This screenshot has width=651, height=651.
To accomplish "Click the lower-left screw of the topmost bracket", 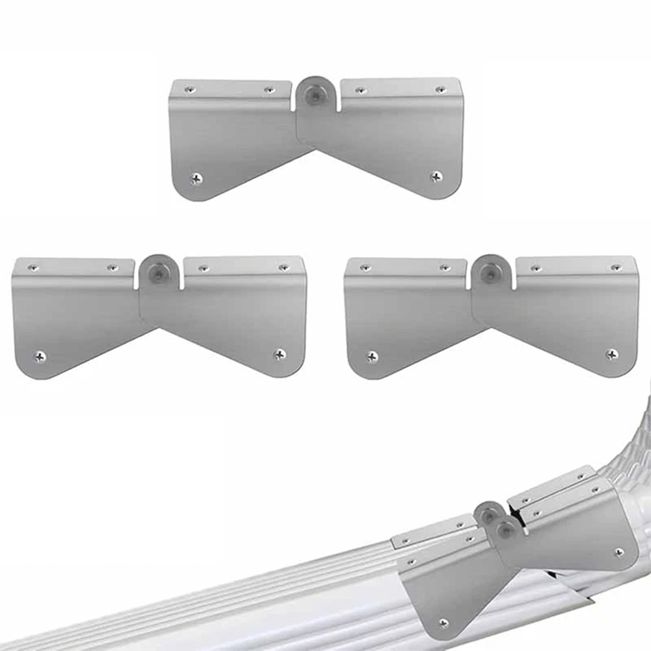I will pyautogui.click(x=196, y=177).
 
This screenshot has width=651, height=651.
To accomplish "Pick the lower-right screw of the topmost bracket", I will pyautogui.click(x=436, y=176).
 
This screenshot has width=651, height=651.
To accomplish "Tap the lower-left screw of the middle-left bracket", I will pyautogui.click(x=39, y=356).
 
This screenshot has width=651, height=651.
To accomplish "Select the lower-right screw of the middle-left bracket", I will pyautogui.click(x=279, y=354).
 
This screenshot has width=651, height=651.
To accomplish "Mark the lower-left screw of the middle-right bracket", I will pyautogui.click(x=372, y=356).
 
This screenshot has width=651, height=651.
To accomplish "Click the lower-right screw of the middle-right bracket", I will pyautogui.click(x=611, y=354).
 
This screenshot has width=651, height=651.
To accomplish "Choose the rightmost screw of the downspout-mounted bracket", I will pyautogui.click(x=619, y=552).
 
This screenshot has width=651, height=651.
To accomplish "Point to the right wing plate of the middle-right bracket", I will pyautogui.click(x=561, y=313).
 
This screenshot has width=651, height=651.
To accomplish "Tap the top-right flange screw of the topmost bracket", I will pyautogui.click(x=440, y=89).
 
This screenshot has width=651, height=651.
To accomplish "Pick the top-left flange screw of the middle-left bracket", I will pyautogui.click(x=32, y=267).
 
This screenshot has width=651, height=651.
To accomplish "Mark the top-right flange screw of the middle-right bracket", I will pyautogui.click(x=615, y=267).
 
